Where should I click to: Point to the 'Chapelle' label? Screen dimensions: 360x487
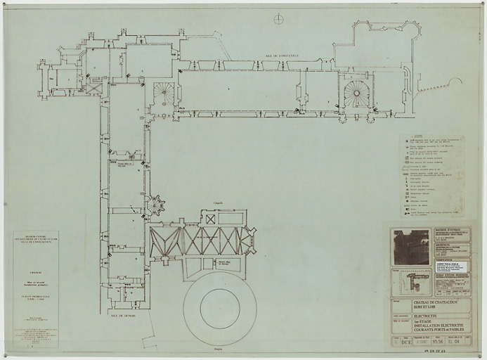[218, 202]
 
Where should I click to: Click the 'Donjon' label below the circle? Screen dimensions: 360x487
[218, 349]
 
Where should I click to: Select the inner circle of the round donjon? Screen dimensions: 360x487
[220, 309]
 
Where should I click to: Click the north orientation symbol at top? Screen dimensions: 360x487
[279, 19]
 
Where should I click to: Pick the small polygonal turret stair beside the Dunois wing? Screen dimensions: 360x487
[155, 205]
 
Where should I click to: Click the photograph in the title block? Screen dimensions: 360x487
[411, 247]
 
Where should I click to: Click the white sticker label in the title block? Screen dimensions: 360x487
[451, 267]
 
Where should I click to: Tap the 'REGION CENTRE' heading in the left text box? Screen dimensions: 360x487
[34, 236]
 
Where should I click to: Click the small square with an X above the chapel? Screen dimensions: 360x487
[210, 219]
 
